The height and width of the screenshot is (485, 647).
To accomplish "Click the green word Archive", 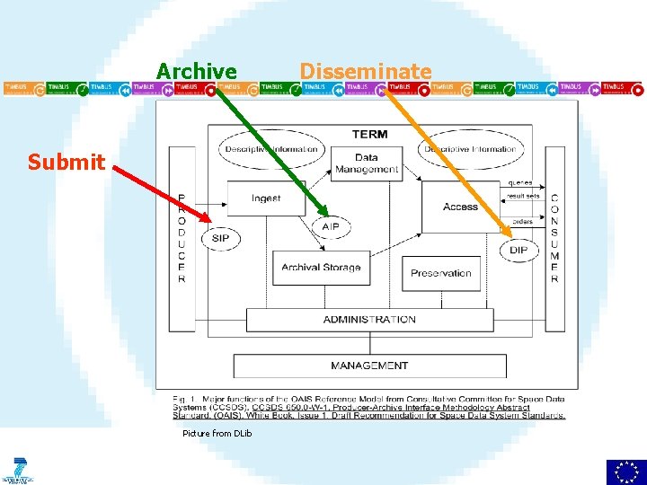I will click(197, 71).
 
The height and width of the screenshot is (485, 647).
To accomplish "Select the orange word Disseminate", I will click(365, 71).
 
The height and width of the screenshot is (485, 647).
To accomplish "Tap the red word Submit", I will click(66, 162).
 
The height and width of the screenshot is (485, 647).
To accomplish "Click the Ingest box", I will click(266, 198).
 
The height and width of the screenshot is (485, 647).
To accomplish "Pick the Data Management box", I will click(366, 163).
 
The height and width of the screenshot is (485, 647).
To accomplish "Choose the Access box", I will click(460, 207).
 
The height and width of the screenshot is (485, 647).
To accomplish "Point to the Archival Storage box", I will click(321, 267).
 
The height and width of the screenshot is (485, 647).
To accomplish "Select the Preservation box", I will click(440, 273).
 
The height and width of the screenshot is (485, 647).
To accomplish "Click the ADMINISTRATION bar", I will click(369, 319).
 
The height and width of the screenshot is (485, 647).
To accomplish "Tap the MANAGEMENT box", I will click(369, 366).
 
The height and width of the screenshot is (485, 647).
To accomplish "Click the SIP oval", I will click(220, 238).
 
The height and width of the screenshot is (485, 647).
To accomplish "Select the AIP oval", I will click(331, 227).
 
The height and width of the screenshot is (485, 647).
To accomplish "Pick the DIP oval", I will click(518, 249).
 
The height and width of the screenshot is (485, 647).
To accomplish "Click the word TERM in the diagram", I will click(369, 134).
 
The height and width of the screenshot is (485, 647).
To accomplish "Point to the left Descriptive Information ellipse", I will click(271, 149).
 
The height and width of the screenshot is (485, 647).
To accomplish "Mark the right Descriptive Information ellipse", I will click(468, 149).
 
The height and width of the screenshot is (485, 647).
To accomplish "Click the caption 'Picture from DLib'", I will click(217, 434).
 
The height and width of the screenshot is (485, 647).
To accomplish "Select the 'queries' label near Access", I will click(518, 182).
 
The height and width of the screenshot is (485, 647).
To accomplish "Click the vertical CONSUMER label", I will click(554, 238).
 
